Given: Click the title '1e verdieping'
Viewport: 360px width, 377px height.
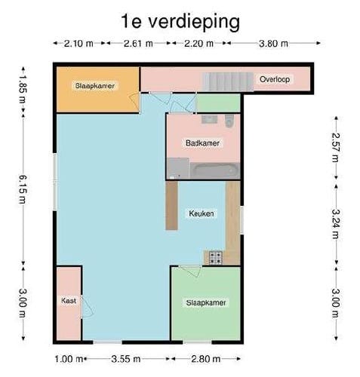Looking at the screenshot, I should [x=180, y=21].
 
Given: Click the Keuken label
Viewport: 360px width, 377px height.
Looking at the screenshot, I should [x=202, y=213].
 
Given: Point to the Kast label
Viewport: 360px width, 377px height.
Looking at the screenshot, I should [x=68, y=301].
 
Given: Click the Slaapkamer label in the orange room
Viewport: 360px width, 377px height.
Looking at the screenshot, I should [x=95, y=86].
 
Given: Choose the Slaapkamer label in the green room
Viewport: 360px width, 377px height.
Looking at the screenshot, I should [x=206, y=302].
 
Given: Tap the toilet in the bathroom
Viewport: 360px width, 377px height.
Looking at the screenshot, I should [x=230, y=120].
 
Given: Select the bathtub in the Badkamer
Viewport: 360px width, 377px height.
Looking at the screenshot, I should [x=215, y=170].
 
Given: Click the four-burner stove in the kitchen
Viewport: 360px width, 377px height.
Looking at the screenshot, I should [x=215, y=258].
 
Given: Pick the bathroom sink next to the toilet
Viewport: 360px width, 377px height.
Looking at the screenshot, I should [x=207, y=120].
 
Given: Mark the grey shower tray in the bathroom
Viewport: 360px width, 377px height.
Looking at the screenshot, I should [x=178, y=167].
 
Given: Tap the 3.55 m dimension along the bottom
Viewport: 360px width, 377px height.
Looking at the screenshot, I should [x=125, y=358].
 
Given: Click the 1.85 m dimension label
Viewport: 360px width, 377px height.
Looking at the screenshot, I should [x=23, y=87].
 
